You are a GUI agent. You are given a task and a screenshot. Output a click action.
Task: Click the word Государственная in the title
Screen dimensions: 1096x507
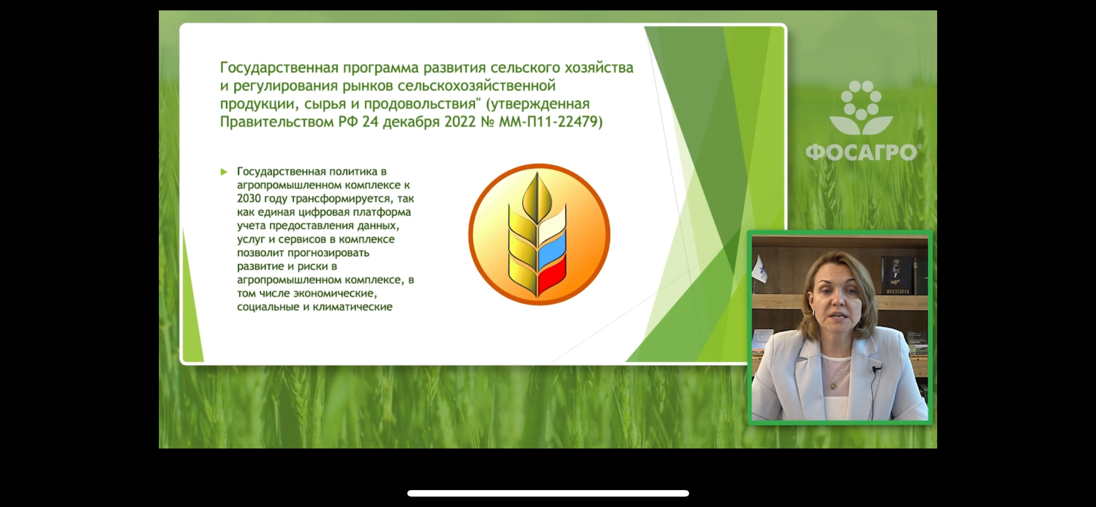click(279, 68)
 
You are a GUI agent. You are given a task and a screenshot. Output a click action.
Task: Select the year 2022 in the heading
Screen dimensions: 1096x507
click(460, 122)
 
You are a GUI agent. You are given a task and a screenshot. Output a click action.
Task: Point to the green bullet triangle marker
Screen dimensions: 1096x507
click(224, 172)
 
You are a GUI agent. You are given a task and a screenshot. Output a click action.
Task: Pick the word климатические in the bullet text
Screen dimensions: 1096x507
click(353, 307)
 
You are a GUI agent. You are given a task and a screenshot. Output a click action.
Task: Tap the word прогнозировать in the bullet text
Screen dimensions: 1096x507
click(329, 253)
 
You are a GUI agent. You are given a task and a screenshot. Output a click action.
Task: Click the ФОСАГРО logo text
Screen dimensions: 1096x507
click(861, 153)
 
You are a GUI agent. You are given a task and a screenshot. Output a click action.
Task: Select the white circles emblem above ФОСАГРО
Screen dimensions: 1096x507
click(861, 107)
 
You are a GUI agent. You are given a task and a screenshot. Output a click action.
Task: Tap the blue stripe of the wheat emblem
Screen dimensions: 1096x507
click(552, 248)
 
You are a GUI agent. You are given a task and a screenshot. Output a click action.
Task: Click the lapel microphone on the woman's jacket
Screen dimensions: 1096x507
click(877, 369)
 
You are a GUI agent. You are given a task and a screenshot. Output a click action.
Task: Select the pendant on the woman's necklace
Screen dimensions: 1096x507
click(832, 385)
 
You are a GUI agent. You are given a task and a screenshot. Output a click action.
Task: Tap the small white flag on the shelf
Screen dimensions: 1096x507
click(760, 269)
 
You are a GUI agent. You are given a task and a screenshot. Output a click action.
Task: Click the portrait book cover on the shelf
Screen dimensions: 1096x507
click(897, 276)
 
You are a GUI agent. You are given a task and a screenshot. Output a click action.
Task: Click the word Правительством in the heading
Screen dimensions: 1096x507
click(277, 122)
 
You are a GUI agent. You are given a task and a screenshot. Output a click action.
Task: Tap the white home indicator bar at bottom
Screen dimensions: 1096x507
click(548, 493)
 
